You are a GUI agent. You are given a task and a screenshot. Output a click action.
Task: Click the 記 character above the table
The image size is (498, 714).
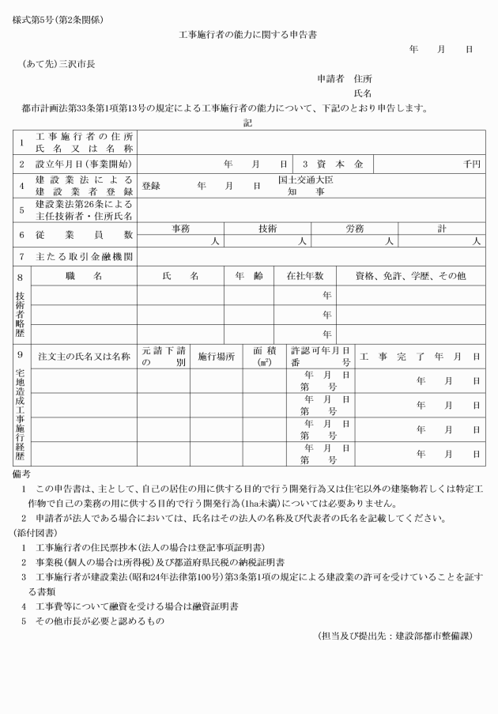click(x=248, y=123)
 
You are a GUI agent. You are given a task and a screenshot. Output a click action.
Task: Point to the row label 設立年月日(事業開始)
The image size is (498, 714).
click(x=85, y=164)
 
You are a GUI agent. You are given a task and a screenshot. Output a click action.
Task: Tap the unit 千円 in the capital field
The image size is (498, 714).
click(x=473, y=164)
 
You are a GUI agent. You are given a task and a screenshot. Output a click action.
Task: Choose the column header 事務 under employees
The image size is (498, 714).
click(x=180, y=229)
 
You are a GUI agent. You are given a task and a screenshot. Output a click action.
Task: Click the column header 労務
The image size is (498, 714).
click(x=355, y=229)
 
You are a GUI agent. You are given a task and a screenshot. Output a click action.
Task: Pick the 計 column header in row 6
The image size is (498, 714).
click(x=442, y=229)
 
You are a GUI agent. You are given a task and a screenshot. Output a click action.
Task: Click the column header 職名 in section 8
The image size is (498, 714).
click(x=84, y=276)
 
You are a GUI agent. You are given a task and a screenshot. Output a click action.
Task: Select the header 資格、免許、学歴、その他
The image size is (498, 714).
click(x=410, y=276)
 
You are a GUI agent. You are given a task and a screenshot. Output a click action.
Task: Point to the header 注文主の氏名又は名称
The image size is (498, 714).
click(x=84, y=357)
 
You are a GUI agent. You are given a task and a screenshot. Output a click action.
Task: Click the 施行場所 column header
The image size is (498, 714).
click(x=216, y=357)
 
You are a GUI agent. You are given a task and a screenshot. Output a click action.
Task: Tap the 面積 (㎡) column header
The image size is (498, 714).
click(x=264, y=357)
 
